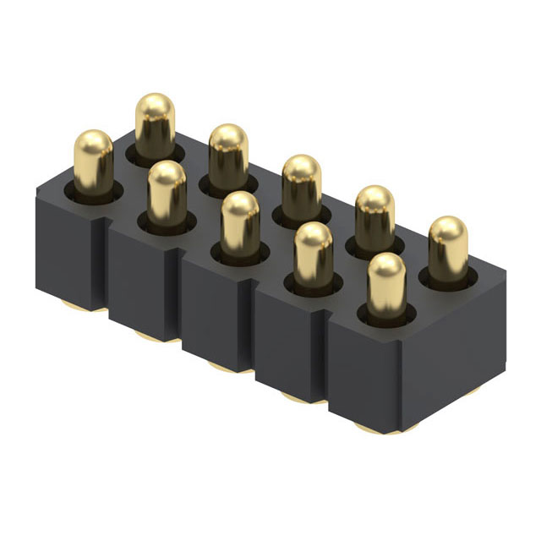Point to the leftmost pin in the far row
[155, 123]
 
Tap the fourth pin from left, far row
[374, 215]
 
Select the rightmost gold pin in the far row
[447, 245]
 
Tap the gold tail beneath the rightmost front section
[372, 429]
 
